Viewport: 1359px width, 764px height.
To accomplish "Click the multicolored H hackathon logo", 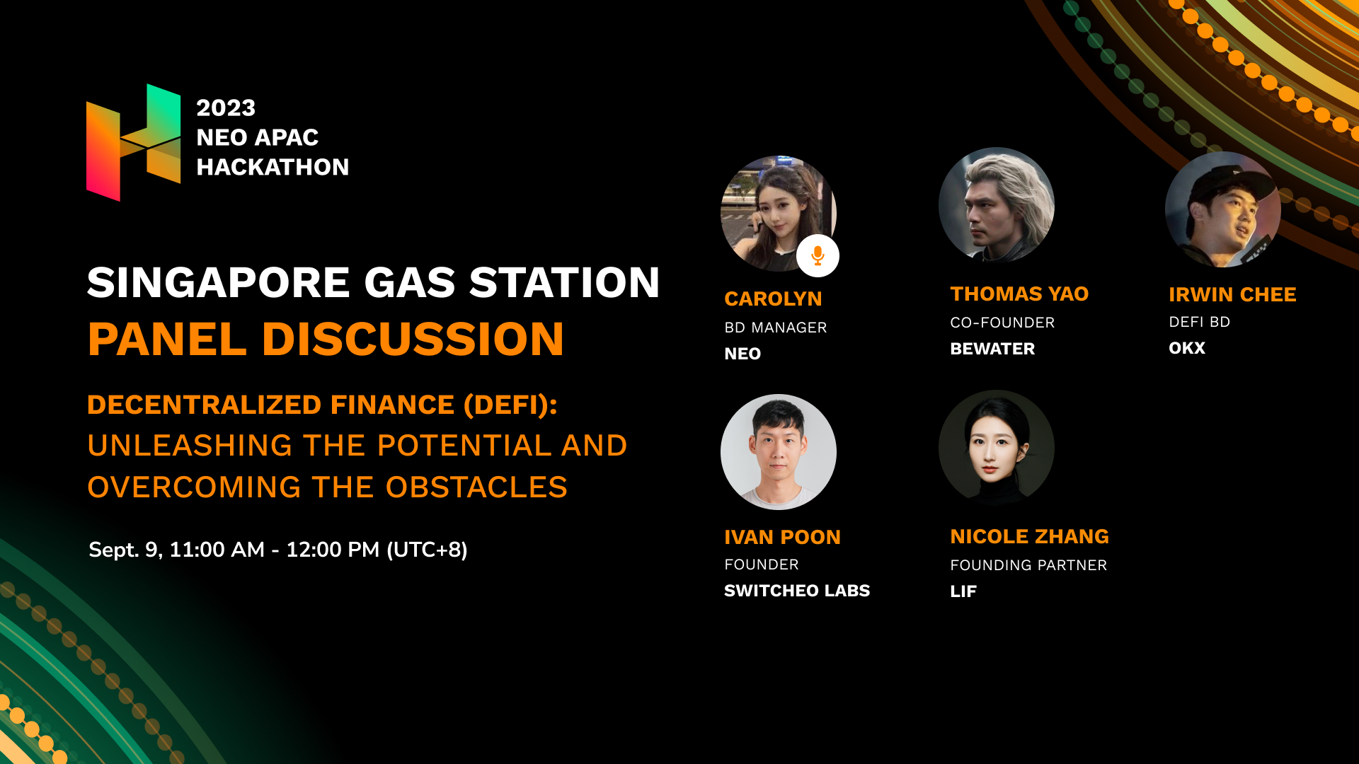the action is pyautogui.click(x=133, y=142).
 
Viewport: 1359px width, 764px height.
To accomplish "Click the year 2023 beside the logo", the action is pyautogui.click(x=226, y=108).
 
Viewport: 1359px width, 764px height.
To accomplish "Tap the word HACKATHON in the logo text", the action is pyautogui.click(x=273, y=167).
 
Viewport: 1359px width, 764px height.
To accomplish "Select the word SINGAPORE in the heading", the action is pyautogui.click(x=219, y=282).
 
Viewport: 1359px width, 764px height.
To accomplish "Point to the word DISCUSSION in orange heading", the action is pyautogui.click(x=413, y=339).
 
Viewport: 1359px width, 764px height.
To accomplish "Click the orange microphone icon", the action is pyautogui.click(x=818, y=255).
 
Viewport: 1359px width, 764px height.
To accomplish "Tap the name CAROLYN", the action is pyautogui.click(x=773, y=299).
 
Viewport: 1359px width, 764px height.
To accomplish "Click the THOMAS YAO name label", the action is pyautogui.click(x=1019, y=294).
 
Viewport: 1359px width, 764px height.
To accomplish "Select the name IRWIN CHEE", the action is pyautogui.click(x=1232, y=295).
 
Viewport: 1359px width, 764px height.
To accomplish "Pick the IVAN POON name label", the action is pyautogui.click(x=782, y=538).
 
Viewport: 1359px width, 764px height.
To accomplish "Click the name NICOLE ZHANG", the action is pyautogui.click(x=1029, y=537).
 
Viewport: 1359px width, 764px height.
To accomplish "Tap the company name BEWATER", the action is pyautogui.click(x=992, y=349).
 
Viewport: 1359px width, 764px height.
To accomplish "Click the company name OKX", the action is pyautogui.click(x=1187, y=348).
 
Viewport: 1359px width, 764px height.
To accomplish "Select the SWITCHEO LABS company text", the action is pyautogui.click(x=797, y=591).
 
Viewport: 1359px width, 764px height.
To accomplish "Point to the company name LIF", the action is pyautogui.click(x=963, y=591).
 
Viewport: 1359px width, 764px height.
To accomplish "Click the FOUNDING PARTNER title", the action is pyautogui.click(x=1028, y=565).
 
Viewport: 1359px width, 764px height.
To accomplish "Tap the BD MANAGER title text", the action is pyautogui.click(x=776, y=328).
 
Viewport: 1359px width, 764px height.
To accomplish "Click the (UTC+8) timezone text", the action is pyautogui.click(x=427, y=550).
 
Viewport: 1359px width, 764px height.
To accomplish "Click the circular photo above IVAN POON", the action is pyautogui.click(x=779, y=452).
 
